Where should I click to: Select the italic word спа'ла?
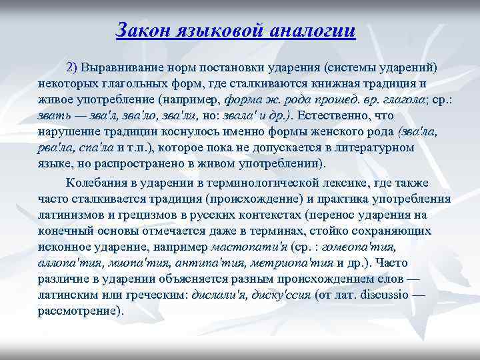(95, 148)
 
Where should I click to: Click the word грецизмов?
(135, 215)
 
